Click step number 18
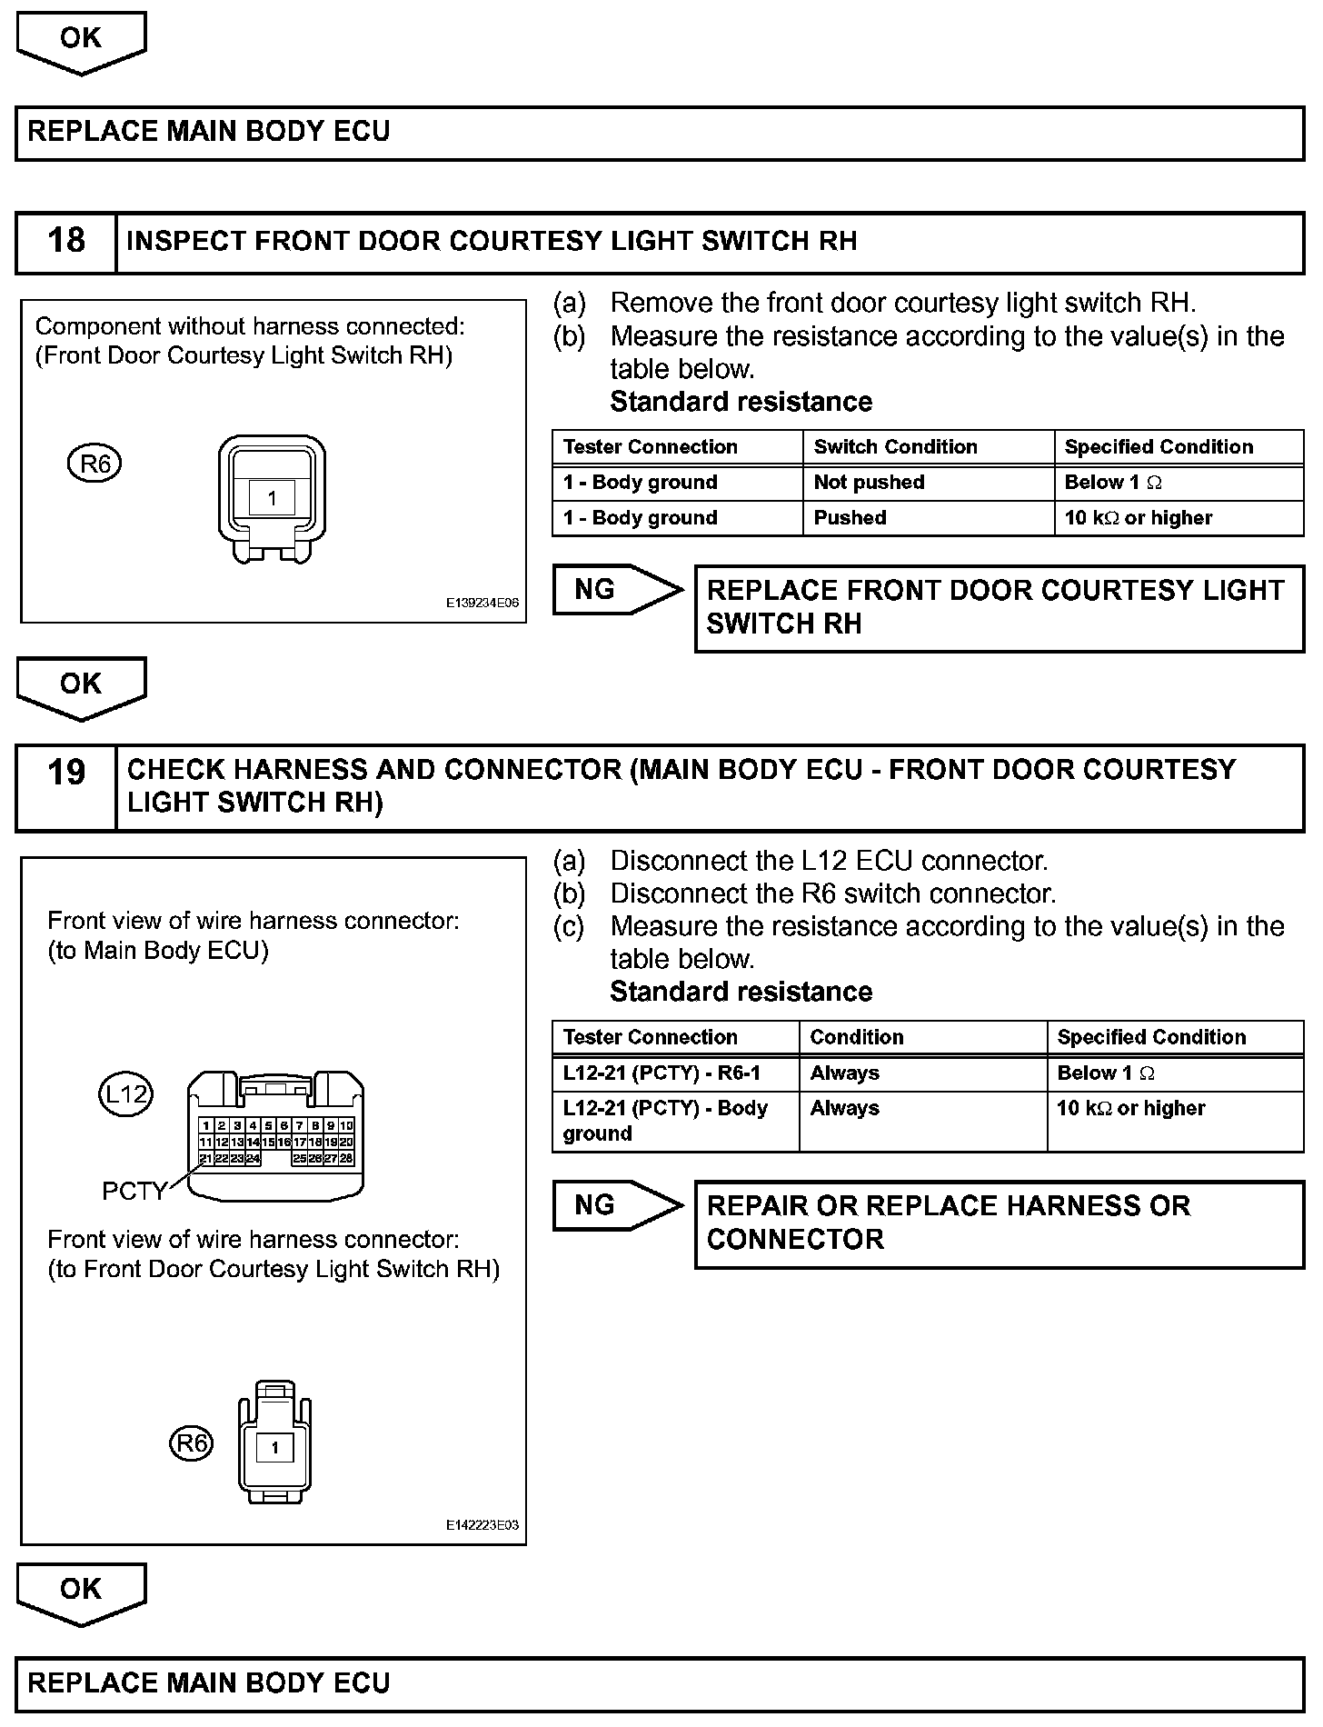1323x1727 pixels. [65, 242]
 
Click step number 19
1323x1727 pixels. [65, 773]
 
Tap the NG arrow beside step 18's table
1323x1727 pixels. [613, 590]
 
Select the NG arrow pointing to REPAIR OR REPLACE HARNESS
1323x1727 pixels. [613, 1205]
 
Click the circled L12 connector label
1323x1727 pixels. [125, 1094]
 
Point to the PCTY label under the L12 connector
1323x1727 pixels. [134, 1191]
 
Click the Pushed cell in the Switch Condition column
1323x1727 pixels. [850, 518]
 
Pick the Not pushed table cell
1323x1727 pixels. [869, 483]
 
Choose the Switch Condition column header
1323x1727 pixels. [895, 447]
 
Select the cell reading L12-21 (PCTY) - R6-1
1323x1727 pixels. [661, 1073]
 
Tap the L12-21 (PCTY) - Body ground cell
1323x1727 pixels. [665, 1121]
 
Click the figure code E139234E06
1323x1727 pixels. [482, 603]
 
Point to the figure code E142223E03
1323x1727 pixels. [482, 1526]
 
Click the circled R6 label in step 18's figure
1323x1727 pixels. [94, 464]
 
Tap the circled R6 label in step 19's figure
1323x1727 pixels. [191, 1443]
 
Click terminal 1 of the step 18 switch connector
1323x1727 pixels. [272, 498]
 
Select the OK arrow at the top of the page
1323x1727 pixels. [81, 41]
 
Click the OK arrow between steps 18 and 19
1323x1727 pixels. [81, 686]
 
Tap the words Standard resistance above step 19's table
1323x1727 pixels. [741, 992]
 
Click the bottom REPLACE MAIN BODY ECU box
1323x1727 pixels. [660, 1683]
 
